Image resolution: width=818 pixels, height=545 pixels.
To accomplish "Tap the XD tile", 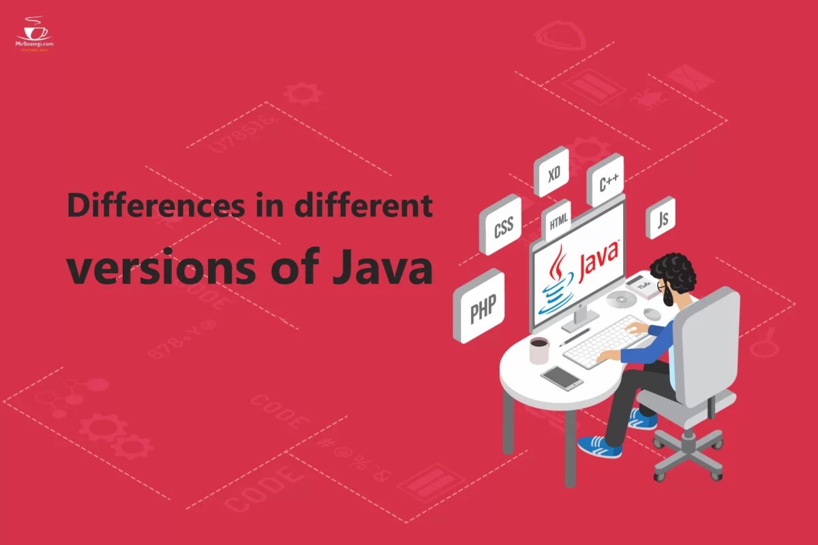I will click(554, 174).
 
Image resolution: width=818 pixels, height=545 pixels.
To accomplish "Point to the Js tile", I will click(661, 219).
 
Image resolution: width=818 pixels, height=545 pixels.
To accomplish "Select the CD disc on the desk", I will click(621, 300).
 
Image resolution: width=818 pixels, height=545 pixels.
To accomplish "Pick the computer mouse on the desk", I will click(652, 313).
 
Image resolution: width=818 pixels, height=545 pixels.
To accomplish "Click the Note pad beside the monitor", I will click(645, 286).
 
